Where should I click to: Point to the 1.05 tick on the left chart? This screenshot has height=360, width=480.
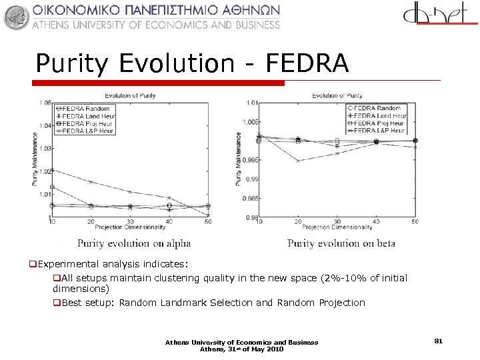tap(45, 103)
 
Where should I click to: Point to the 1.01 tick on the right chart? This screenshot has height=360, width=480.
tap(251, 103)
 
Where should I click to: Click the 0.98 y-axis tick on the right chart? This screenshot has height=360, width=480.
tap(252, 217)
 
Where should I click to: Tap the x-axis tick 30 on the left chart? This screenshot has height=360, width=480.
tap(130, 222)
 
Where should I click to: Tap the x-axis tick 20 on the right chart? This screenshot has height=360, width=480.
tap(298, 222)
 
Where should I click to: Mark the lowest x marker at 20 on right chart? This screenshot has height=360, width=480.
tap(298, 161)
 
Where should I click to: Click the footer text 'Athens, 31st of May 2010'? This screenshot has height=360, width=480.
tap(241, 349)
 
